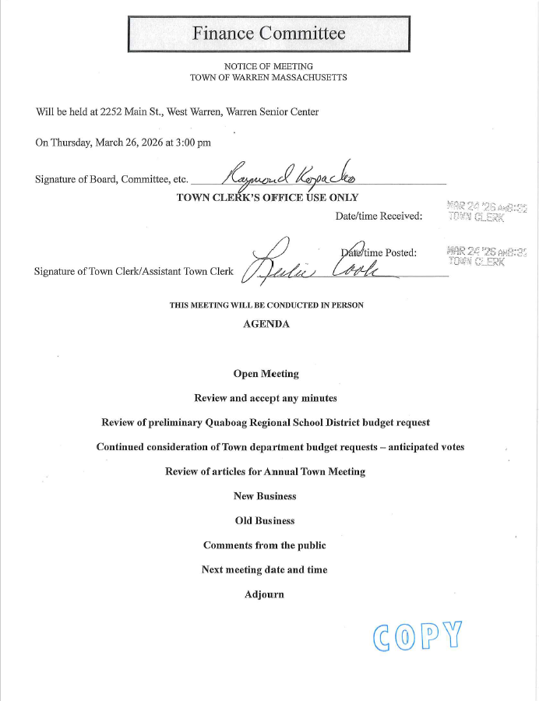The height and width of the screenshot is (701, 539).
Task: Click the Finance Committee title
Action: point(269,33)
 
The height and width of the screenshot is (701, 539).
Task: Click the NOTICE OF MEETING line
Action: point(269,66)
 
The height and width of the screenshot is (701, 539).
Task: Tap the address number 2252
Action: point(113,112)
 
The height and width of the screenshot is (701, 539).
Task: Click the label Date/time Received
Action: point(379,216)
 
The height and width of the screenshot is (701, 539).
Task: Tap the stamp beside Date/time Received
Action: point(476,212)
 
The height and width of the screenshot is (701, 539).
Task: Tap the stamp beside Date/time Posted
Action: point(476,255)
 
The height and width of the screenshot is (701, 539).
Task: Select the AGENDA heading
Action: point(266,324)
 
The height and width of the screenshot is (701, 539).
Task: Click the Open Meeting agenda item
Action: point(266,374)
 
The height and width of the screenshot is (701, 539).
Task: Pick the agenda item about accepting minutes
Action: point(266,398)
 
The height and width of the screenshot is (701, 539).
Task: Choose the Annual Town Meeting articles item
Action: point(266,471)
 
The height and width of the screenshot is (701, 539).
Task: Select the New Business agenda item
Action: point(266,495)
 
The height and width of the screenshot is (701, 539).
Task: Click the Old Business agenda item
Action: point(266,520)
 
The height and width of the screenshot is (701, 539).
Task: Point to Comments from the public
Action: point(265,545)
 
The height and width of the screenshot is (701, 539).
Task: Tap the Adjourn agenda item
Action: point(265,594)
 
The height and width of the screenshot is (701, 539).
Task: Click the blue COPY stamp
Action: point(417,636)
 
